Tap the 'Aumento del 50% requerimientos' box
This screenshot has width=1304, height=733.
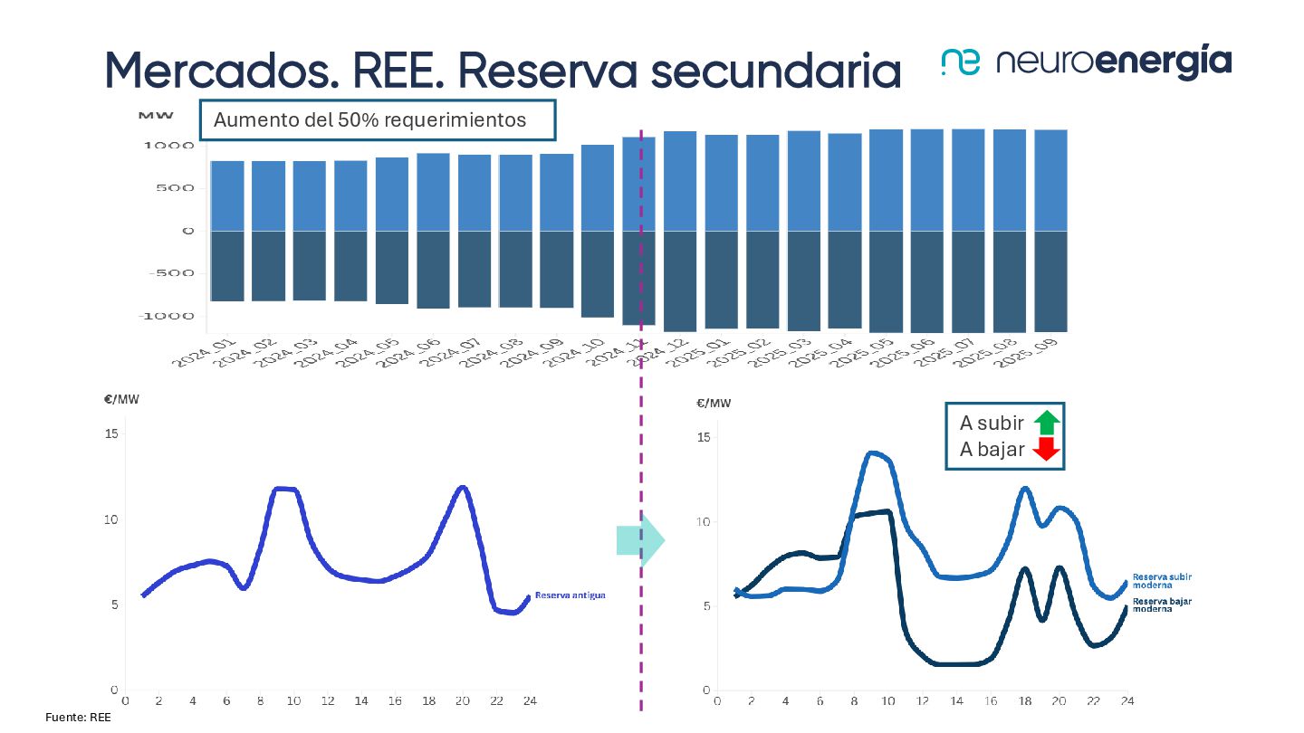(x=377, y=119)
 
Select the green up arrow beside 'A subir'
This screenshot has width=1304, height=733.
(x=1046, y=423)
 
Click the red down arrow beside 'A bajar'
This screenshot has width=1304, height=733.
(x=1046, y=449)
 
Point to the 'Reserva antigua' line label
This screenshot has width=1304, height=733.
(x=570, y=595)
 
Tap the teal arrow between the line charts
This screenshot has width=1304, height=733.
(x=640, y=541)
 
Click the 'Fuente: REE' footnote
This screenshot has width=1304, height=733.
(x=78, y=718)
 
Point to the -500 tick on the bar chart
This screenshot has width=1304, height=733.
(x=175, y=273)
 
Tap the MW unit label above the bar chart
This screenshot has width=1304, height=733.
(x=149, y=116)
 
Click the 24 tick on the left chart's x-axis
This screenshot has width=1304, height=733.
(x=530, y=700)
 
